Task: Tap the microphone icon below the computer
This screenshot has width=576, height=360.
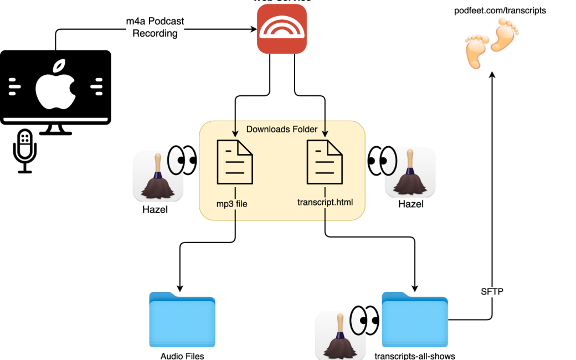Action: [x=25, y=150]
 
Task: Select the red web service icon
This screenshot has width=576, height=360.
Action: [x=282, y=29]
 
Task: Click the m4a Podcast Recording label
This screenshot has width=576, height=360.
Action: [x=155, y=28]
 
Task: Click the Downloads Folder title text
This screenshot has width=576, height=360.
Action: [x=281, y=129]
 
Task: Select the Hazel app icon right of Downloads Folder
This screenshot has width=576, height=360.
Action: [x=410, y=172]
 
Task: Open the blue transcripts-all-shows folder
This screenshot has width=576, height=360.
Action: [x=415, y=320]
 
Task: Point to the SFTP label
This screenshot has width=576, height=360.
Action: [x=492, y=291]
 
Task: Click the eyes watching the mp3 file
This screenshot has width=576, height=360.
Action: [x=182, y=160]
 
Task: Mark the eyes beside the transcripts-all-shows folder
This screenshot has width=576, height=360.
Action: [x=364, y=321]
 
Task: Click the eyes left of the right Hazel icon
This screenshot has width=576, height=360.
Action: [x=382, y=161]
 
